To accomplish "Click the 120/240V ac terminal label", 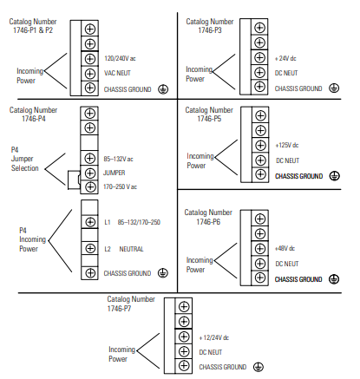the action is coord(120,58).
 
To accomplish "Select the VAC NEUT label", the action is coord(117,73).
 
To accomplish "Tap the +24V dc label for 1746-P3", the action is coord(285,58).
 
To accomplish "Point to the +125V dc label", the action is coord(287,145).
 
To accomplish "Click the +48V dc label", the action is coord(285,248).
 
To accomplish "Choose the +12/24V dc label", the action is coord(214,337).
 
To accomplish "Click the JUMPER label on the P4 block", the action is coord(115,173).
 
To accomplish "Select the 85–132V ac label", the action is coord(118,159).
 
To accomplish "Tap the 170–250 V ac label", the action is coord(120,186).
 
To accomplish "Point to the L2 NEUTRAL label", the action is coord(124,249).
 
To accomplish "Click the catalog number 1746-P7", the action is coord(119,309).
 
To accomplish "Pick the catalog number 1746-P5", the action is coord(209,119).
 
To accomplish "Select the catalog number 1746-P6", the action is coord(208,222).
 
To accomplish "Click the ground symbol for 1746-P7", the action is coord(259,367).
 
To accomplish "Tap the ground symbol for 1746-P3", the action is coord(334,88).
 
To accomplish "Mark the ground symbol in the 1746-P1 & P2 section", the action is coord(163,89).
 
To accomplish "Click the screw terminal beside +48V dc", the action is coord(260,248).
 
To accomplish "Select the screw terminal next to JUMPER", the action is coord(89,173).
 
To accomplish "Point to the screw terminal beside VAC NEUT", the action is coord(90,74).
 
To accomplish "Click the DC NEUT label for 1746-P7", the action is coord(211,352).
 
